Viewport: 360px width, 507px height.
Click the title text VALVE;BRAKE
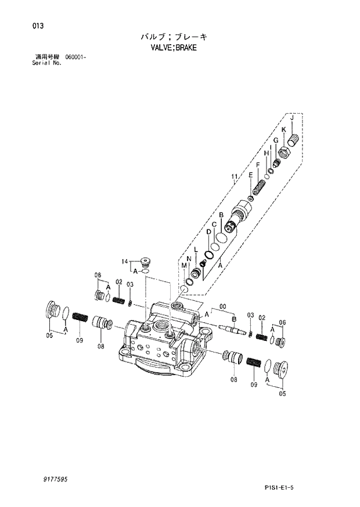pyautogui.click(x=174, y=48)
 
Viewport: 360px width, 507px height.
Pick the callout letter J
pyautogui.click(x=292, y=118)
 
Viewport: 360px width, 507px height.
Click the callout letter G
pyautogui.click(x=275, y=141)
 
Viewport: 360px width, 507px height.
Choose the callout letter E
pyautogui.click(x=250, y=175)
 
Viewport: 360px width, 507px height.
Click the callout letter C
pyautogui.click(x=214, y=225)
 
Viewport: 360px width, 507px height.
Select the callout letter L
pyautogui.click(x=196, y=250)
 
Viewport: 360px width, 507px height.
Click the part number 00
pyautogui.click(x=221, y=309)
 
